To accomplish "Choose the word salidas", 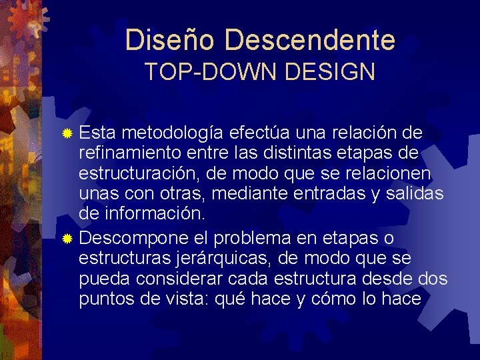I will point(418,194).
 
